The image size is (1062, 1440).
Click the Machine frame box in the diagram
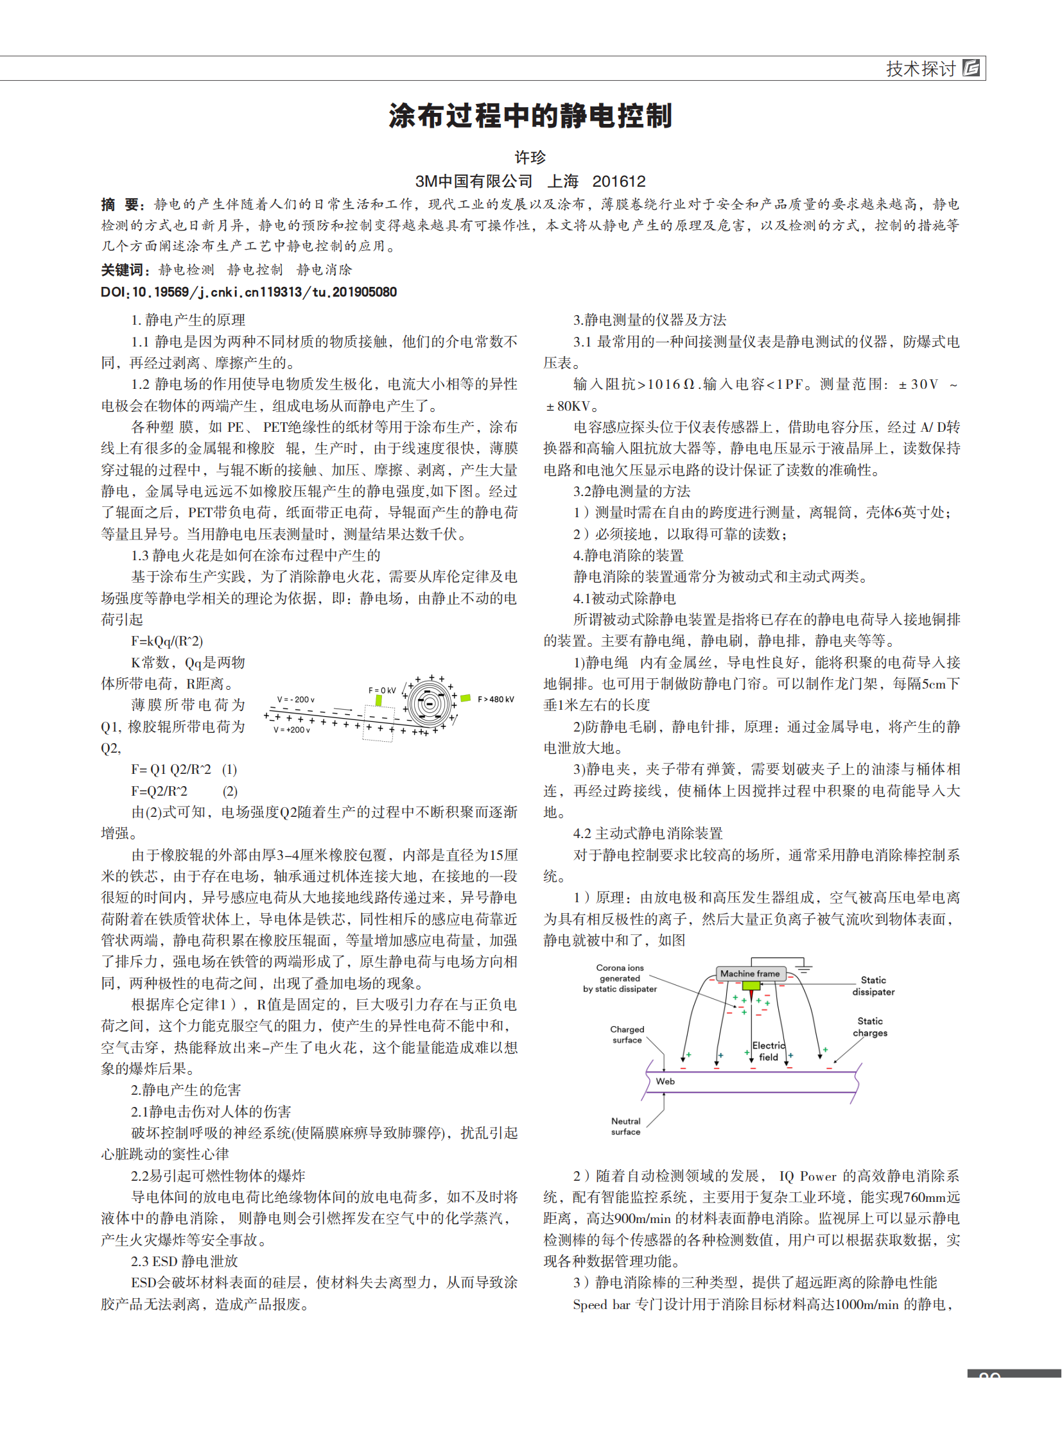[x=749, y=973]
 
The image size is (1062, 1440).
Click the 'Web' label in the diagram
[x=665, y=1081]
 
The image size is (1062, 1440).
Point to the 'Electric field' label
[x=769, y=1051]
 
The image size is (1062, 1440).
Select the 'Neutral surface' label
[x=625, y=1126]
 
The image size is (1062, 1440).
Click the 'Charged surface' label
[x=627, y=1034]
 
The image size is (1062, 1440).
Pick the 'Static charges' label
[x=870, y=1027]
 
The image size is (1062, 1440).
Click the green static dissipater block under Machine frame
[x=750, y=986]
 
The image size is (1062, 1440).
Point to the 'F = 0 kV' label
[x=382, y=690]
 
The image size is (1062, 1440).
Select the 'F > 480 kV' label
[x=496, y=699]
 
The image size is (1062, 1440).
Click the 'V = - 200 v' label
[x=296, y=699]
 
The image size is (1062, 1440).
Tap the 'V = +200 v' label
[x=292, y=730]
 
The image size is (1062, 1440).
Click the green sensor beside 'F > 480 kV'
[x=466, y=698]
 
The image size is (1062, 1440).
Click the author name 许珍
[x=530, y=157]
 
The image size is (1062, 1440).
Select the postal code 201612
[x=618, y=182]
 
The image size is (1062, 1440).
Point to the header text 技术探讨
[x=921, y=69]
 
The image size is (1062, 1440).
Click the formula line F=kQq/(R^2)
[x=167, y=641]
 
